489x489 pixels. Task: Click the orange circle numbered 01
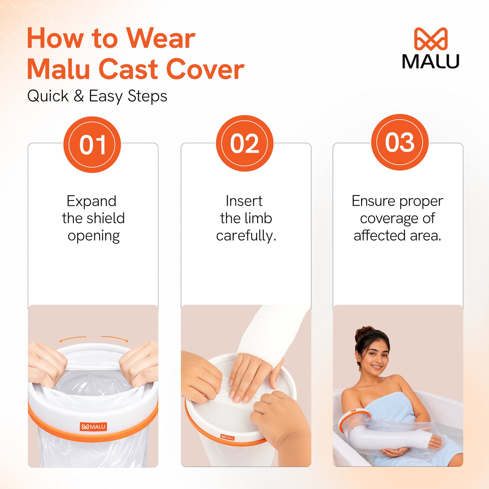tap(92, 145)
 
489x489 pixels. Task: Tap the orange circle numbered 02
tap(245, 143)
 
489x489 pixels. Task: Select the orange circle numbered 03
tap(400, 142)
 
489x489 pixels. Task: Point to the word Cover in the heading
tap(205, 69)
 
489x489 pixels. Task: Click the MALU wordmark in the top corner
tap(431, 61)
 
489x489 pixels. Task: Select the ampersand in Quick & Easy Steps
tap(79, 96)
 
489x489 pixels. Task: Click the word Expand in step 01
tap(92, 201)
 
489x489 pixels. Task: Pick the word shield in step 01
tap(108, 218)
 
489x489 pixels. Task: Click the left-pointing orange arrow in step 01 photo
tap(72, 338)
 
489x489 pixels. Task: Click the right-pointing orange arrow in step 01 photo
tap(115, 338)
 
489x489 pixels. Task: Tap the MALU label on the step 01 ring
tap(93, 427)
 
